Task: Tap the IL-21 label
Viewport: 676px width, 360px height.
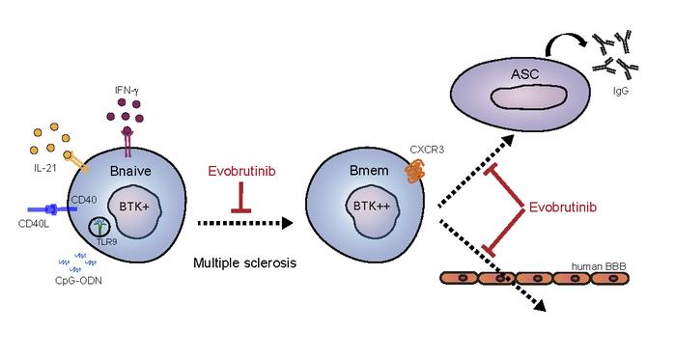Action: click(40, 168)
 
